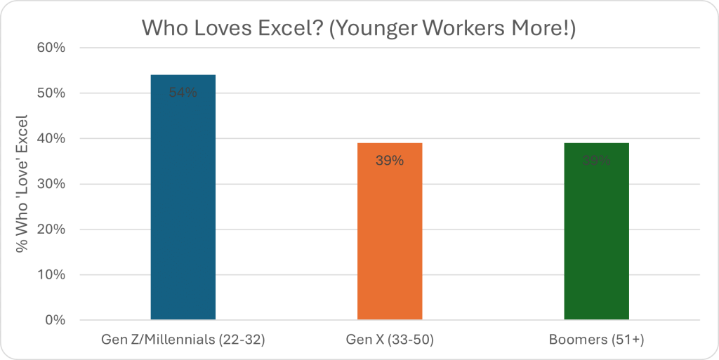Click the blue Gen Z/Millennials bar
click(183, 204)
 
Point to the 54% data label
click(183, 93)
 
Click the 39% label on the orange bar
click(390, 161)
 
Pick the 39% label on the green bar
click(596, 161)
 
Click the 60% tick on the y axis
click(51, 48)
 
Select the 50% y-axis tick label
click(51, 93)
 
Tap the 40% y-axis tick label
click(51, 139)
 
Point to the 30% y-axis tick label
click(51, 184)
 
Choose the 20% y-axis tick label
click(51, 229)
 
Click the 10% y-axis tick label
click(51, 275)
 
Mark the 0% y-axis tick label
click(55, 321)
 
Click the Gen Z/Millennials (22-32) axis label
click(183, 340)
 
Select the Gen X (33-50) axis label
click(390, 340)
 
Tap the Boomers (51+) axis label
click(596, 340)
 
